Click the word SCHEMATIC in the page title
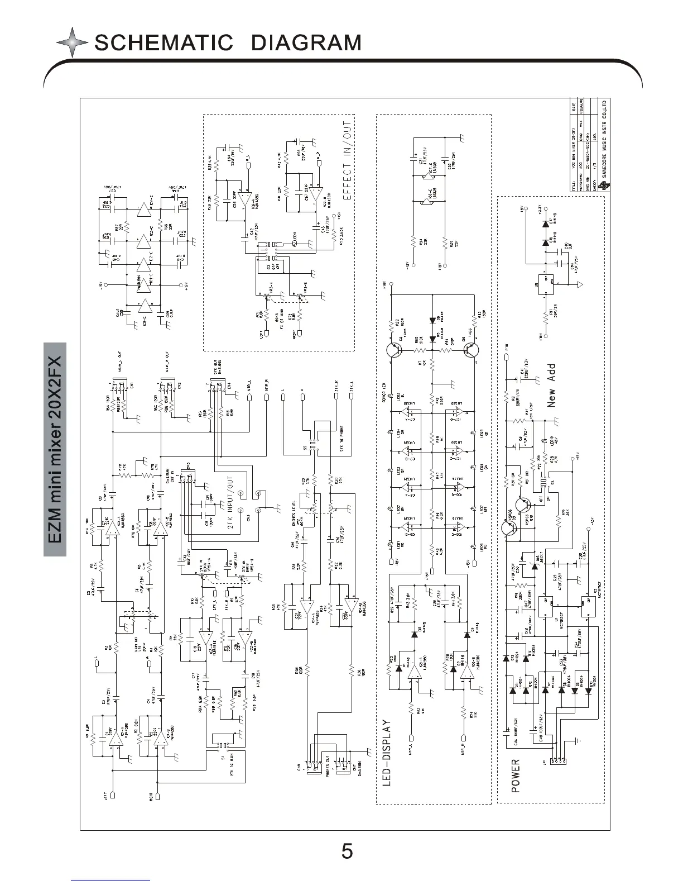(x=163, y=42)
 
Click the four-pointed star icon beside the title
(x=72, y=43)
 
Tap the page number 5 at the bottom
(x=347, y=851)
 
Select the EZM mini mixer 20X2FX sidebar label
(x=55, y=450)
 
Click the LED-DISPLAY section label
(x=388, y=754)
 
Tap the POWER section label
(x=515, y=775)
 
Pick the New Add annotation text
(x=551, y=386)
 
